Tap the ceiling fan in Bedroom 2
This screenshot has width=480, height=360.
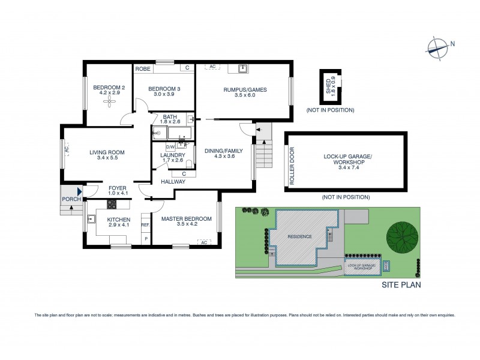pyautogui.click(x=109, y=101)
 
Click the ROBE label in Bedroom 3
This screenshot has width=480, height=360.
pyautogui.click(x=142, y=69)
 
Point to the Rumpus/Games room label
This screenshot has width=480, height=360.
pyautogui.click(x=245, y=90)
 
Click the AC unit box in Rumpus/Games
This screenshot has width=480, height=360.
pyautogui.click(x=211, y=67)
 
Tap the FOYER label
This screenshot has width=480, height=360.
pyautogui.click(x=117, y=188)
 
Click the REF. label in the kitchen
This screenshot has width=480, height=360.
pyautogui.click(x=145, y=225)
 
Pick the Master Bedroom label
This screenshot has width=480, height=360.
pyautogui.click(x=186, y=219)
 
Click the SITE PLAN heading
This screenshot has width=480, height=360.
pyautogui.click(x=401, y=285)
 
